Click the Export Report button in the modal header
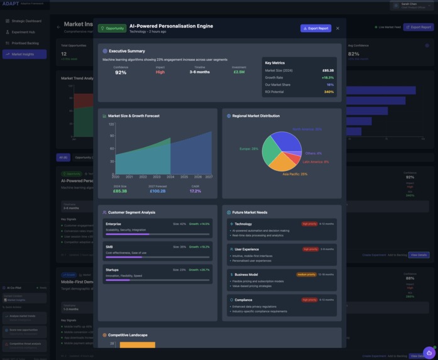click(315, 28)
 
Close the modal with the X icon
click(337, 28)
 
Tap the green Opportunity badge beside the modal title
click(112, 28)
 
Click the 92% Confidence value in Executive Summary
click(121, 72)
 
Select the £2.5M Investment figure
click(239, 72)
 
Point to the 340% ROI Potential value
click(329, 92)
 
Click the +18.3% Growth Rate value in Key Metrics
click(327, 77)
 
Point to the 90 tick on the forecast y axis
click(112, 136)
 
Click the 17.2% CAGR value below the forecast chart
click(195, 191)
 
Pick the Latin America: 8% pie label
click(315, 161)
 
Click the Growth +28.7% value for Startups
click(200, 270)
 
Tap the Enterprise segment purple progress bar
click(128, 234)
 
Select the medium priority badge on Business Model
click(306, 275)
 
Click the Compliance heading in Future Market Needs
click(243, 300)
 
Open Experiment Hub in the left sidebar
click(23, 32)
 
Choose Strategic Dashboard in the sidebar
click(26, 21)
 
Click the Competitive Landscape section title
click(130, 335)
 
